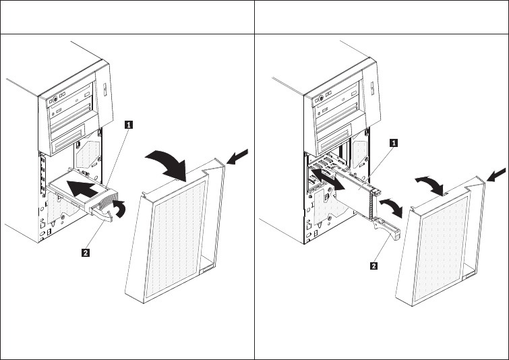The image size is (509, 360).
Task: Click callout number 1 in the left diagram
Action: (128, 124)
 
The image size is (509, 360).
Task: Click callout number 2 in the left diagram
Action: (85, 253)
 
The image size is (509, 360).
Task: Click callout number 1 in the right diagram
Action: (394, 142)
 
